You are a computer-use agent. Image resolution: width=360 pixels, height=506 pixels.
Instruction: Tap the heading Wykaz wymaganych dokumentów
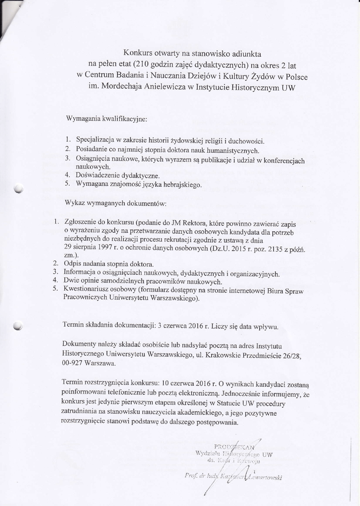point(116,204)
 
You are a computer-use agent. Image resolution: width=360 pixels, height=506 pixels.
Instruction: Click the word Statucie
point(216,403)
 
